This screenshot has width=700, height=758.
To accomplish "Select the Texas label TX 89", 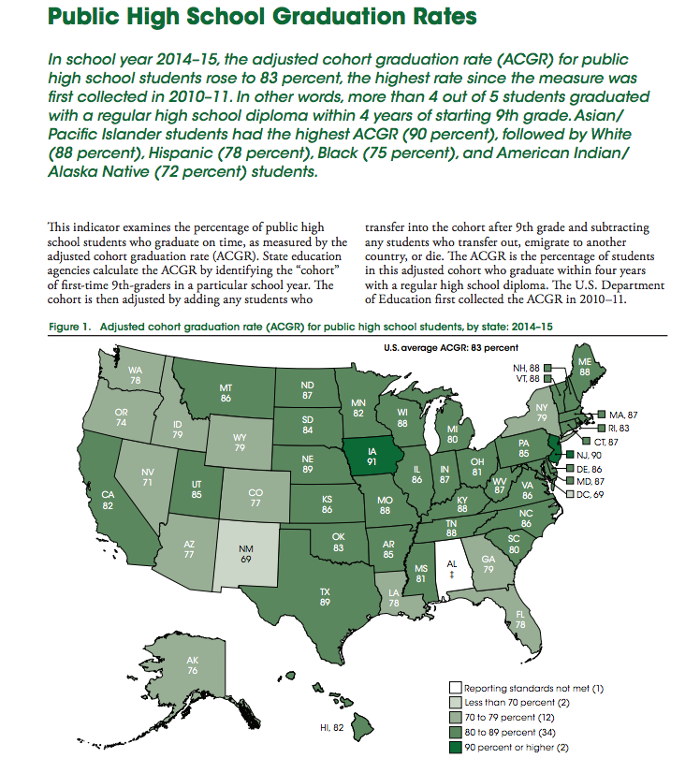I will point(325,597).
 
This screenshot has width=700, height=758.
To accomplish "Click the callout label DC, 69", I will point(591,494).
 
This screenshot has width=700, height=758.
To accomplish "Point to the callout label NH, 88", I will point(526,368).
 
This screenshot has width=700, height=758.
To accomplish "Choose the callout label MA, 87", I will point(622,414).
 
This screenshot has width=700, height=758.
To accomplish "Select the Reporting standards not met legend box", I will point(456,688).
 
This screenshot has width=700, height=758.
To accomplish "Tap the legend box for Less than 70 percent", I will point(456,702).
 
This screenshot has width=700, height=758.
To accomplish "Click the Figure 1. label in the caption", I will point(68,327).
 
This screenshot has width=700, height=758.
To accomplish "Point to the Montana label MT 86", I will point(226,392).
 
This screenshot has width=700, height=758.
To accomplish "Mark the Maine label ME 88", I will point(584,366).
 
